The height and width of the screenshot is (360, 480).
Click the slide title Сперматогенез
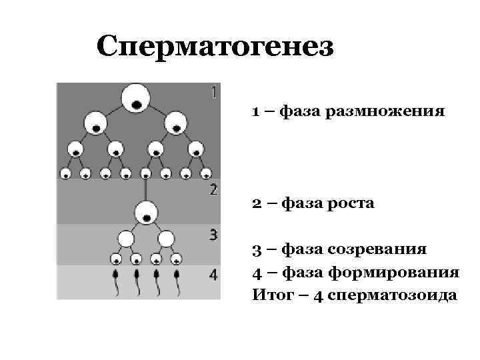pyautogui.click(x=214, y=47)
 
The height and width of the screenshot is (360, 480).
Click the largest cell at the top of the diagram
pyautogui.click(x=136, y=98)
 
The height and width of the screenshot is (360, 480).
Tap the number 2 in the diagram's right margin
pyautogui.click(x=213, y=189)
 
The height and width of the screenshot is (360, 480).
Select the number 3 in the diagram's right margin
pyautogui.click(x=213, y=234)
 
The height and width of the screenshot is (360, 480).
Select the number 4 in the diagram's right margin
pyautogui.click(x=213, y=275)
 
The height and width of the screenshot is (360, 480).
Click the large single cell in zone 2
pyautogui.click(x=146, y=214)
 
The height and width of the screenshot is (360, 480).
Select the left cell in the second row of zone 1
pyautogui.click(x=96, y=123)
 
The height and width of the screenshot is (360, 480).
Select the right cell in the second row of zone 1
pyautogui.click(x=175, y=123)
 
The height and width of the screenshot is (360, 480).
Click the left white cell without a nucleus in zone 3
pyautogui.click(x=126, y=238)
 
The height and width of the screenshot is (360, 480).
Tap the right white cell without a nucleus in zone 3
pyautogui.click(x=166, y=238)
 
